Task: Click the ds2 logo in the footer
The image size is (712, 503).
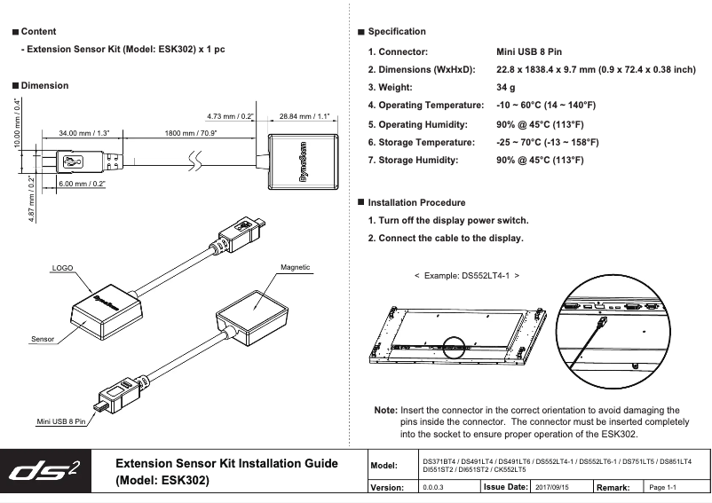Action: coord(49,470)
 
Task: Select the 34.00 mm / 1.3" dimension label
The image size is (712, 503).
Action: coord(83,132)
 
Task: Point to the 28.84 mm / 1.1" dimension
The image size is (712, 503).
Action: coord(305,115)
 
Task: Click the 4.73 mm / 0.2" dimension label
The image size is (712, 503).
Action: coord(230,115)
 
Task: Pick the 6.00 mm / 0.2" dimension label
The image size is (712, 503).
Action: coord(83,184)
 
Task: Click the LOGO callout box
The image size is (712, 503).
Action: coord(61,266)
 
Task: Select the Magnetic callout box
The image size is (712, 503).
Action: coord(295,266)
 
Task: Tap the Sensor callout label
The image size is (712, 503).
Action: coord(43,339)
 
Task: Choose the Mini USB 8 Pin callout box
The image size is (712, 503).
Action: coord(60,420)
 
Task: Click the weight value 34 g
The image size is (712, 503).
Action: coord(506,88)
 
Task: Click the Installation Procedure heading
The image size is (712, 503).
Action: coord(415,203)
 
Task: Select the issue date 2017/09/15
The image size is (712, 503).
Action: coord(552,487)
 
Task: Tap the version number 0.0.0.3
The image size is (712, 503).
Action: coord(434,487)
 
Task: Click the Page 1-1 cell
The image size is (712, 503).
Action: coord(664,487)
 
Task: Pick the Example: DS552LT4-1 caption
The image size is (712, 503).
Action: coord(467,276)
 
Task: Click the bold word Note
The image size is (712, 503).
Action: coord(385,411)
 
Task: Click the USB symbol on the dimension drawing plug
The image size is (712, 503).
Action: coord(74,161)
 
